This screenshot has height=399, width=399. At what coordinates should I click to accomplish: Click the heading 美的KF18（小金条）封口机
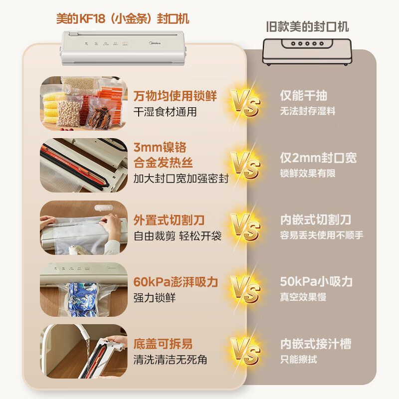point(122,19)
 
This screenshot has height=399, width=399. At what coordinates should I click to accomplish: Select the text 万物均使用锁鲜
point(176,96)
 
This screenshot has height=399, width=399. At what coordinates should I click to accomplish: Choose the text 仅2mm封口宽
point(318,159)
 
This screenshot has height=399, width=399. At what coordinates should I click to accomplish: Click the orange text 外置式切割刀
point(169,220)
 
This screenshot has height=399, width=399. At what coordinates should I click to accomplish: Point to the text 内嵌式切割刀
point(315,220)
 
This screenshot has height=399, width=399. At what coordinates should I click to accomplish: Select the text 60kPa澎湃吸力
point(176,282)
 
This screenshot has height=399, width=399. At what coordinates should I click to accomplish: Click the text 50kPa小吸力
point(316,282)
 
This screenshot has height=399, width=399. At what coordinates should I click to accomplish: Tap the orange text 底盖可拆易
point(163,344)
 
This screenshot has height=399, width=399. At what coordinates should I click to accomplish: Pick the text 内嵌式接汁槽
point(315,344)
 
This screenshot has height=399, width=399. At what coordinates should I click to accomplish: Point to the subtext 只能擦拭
point(298,359)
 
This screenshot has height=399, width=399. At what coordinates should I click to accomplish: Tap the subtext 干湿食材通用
point(165,112)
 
